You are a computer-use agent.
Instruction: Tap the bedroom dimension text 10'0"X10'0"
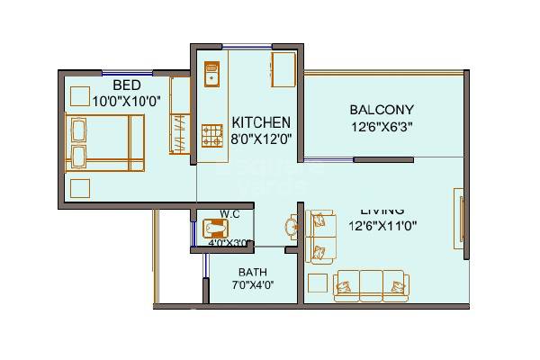pyautogui.click(x=126, y=102)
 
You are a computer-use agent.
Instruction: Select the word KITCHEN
pyautogui.click(x=261, y=122)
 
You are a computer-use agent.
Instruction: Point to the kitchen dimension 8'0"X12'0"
pyautogui.click(x=261, y=139)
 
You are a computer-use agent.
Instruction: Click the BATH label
pyautogui.click(x=253, y=272)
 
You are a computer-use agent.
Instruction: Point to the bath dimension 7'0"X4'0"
pyautogui.click(x=253, y=285)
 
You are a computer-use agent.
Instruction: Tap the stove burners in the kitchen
pyautogui.click(x=212, y=137)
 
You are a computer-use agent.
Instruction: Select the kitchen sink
pyautogui.click(x=212, y=72)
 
